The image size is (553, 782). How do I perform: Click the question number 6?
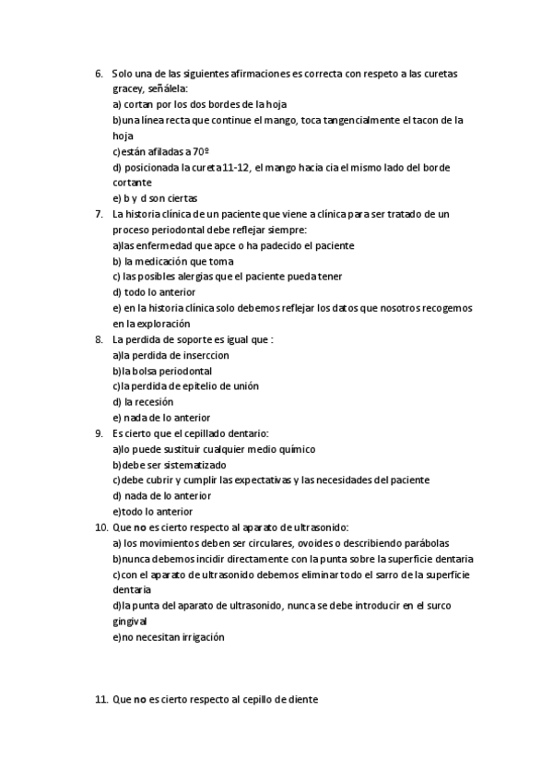tap(99, 73)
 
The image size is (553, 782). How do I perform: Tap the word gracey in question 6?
tap(127, 89)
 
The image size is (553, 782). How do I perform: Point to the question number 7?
tap(99, 214)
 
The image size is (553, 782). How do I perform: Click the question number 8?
tap(99, 339)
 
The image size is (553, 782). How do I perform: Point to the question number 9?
tap(99, 432)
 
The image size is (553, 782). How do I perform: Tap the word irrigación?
tap(194, 637)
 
